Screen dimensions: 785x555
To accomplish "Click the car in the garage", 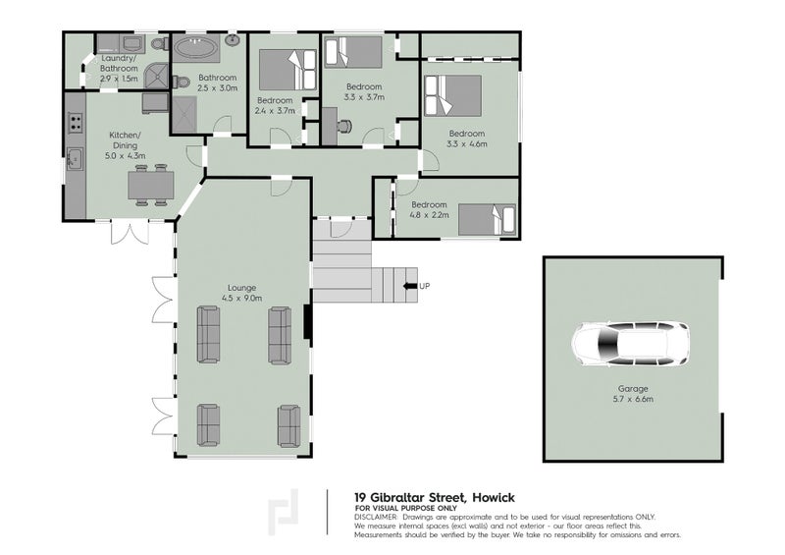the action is click(x=630, y=344).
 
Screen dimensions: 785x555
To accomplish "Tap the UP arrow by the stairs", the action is click(x=410, y=286).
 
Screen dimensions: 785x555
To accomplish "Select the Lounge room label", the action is click(x=241, y=288).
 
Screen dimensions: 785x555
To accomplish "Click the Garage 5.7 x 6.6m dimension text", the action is click(x=633, y=399).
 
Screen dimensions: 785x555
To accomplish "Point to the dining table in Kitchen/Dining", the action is click(x=151, y=186).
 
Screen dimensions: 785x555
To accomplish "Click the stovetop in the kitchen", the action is click(x=76, y=123).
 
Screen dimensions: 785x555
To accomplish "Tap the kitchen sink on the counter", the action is click(x=75, y=159).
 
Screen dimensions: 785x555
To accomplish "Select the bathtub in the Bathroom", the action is click(x=196, y=48).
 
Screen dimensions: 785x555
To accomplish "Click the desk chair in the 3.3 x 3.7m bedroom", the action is click(x=344, y=126).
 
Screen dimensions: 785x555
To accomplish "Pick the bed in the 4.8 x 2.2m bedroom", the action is click(x=487, y=220).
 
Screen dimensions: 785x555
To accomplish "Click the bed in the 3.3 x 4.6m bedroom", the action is click(x=452, y=95).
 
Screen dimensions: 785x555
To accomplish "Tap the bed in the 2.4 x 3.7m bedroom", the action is click(x=288, y=70).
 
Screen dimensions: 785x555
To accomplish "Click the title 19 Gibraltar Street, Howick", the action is click(x=435, y=498).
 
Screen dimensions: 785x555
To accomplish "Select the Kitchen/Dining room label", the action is click(x=126, y=139).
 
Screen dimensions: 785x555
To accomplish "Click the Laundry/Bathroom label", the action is click(x=119, y=63).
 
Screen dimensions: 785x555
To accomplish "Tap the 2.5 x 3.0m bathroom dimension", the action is click(x=217, y=88).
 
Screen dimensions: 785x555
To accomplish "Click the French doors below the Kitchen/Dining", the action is click(x=130, y=233).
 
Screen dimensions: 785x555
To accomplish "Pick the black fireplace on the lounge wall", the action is click(x=308, y=321).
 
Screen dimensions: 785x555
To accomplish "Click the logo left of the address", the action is click(x=284, y=512).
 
